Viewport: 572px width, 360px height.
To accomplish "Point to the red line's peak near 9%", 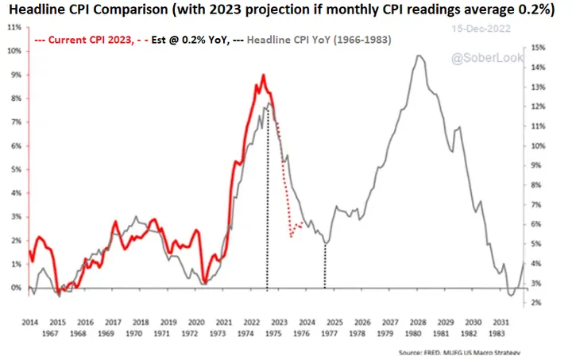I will click(x=263, y=75).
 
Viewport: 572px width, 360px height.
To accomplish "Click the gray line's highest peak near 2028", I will click(x=416, y=56).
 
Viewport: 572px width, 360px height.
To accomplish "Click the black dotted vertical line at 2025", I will click(x=325, y=266).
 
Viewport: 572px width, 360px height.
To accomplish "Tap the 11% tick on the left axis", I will click(x=15, y=27).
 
